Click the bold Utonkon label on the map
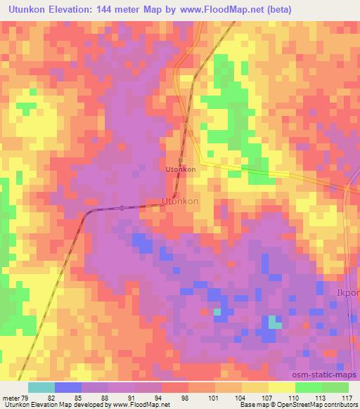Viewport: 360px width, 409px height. coord(180,169)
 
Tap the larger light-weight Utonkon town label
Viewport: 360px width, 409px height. coord(180,201)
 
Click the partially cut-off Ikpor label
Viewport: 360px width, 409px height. coord(349,292)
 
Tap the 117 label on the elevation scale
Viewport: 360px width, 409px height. coord(346,397)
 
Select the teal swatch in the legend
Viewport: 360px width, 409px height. coord(41,387)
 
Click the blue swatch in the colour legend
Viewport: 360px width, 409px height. coord(68,387)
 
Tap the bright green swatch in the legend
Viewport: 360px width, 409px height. coord(308,387)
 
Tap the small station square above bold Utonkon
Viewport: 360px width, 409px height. coord(181,161)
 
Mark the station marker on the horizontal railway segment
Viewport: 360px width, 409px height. coord(122,207)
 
